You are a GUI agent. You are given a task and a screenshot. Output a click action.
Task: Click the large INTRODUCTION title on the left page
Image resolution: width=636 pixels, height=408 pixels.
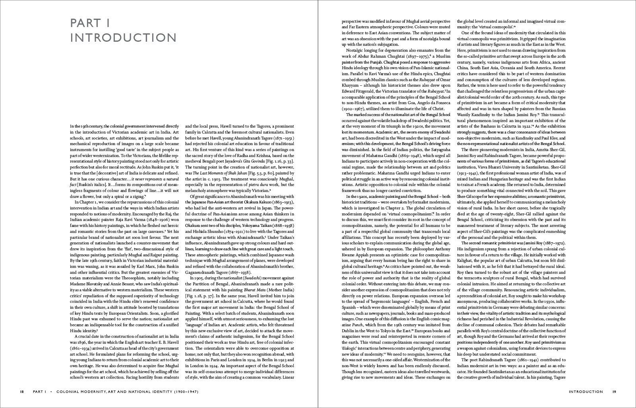tap(123, 38)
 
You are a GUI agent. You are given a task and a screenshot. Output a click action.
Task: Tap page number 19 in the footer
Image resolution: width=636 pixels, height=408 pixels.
tap(614, 392)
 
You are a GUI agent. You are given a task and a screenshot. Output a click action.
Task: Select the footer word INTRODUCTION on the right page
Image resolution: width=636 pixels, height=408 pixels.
tap(586, 392)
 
